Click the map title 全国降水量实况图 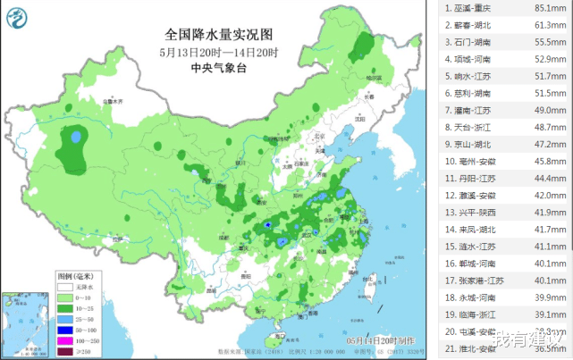coord(219,35)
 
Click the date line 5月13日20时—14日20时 coord(219,52)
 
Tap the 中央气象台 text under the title coord(219,68)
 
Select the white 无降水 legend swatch coord(65,288)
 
